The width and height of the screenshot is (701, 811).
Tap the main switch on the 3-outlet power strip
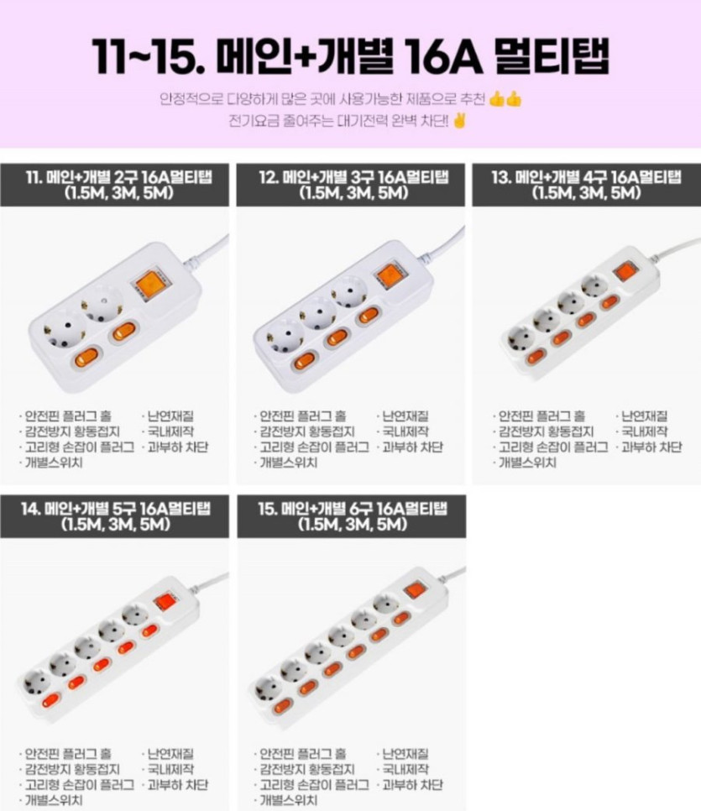(x=390, y=275)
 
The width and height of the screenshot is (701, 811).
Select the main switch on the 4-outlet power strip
(x=624, y=272)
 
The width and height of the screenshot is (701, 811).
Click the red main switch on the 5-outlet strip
(x=165, y=602)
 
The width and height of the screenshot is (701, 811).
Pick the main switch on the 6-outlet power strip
(x=415, y=590)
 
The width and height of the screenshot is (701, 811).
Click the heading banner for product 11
(x=114, y=185)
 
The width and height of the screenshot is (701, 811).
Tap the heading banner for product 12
(x=351, y=185)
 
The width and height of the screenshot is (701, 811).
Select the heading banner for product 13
(x=587, y=185)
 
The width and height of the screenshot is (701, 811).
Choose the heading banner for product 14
(x=114, y=516)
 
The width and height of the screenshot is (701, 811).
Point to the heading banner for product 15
(x=351, y=516)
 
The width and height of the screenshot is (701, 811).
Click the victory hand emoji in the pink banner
(x=459, y=122)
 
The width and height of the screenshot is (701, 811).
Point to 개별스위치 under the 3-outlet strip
(x=288, y=463)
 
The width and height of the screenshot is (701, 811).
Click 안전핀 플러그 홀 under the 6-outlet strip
(x=302, y=754)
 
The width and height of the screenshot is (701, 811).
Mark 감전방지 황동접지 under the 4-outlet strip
(x=546, y=432)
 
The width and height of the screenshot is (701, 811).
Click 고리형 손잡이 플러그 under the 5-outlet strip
(x=79, y=785)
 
